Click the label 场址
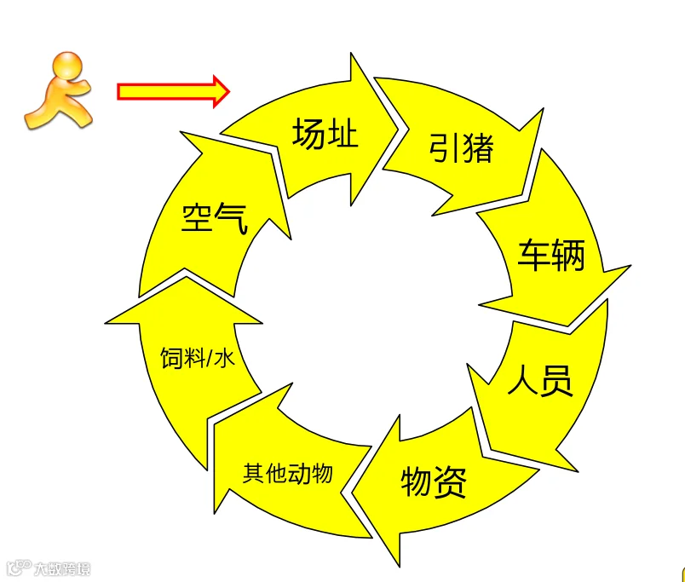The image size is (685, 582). pyautogui.click(x=325, y=135)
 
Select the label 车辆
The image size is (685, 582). pyautogui.click(x=552, y=255)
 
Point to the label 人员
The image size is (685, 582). pyautogui.click(x=540, y=381)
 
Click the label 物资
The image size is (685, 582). pyautogui.click(x=434, y=483)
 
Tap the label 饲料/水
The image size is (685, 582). pyautogui.click(x=197, y=359)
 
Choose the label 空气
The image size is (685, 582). pyautogui.click(x=215, y=219)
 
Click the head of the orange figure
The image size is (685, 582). pyautogui.click(x=67, y=66)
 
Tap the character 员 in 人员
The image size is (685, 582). pyautogui.click(x=557, y=381)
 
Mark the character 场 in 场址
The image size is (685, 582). pyautogui.click(x=308, y=135)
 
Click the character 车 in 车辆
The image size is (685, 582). pyautogui.click(x=535, y=255)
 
